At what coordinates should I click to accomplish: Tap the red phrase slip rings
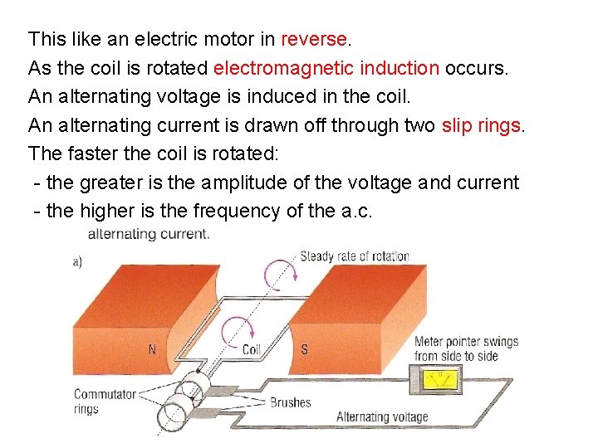pos(482,125)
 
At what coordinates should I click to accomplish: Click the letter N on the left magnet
pos(152,349)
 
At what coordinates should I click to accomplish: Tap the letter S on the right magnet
pos(304,349)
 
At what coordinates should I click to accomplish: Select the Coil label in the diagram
pos(251,349)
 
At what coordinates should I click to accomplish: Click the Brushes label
pos(290,402)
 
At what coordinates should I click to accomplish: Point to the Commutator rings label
pos(105,402)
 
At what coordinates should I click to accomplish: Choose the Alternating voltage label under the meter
pos(382,417)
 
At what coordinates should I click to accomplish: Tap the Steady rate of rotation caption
pos(355,256)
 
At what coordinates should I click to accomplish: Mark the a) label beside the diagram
pos(77,261)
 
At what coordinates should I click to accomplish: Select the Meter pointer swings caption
pos(466,348)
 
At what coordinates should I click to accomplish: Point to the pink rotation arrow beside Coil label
pos(233,329)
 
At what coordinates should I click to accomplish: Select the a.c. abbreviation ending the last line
pos(357,211)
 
